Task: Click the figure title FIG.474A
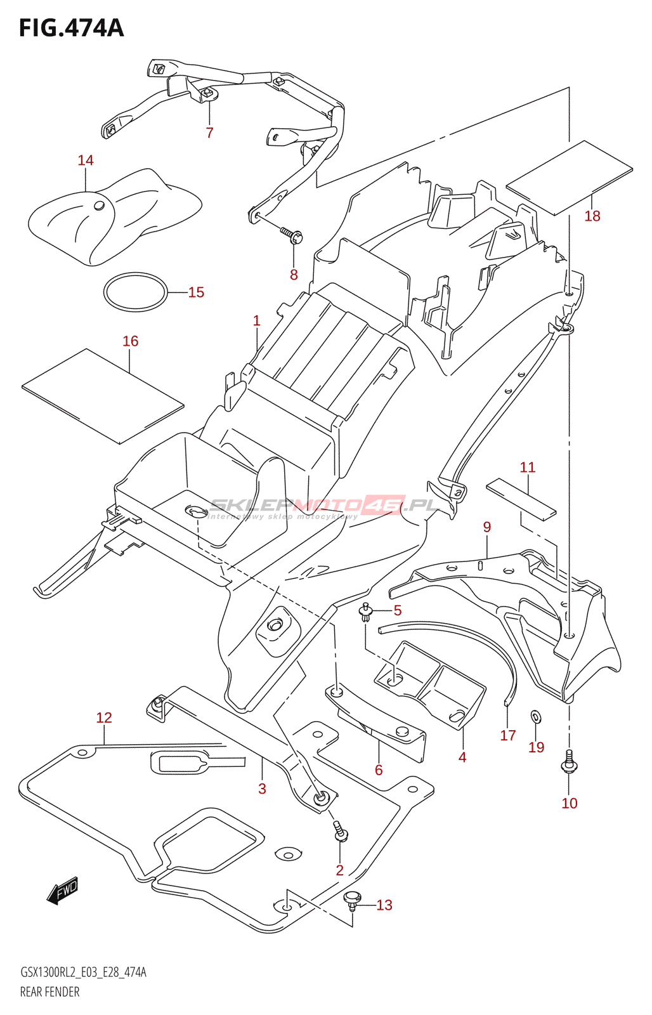pos(71,28)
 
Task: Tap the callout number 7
pos(209,133)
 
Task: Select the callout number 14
pos(86,160)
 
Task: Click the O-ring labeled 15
pos(136,292)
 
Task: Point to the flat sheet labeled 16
pos(103,395)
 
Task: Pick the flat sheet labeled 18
pos(569,178)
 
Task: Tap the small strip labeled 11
pos(521,498)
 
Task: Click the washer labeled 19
pos(536,717)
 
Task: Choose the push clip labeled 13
pos(352,899)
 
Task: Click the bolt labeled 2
pos(341,831)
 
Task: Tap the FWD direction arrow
pos(63,891)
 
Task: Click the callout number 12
pos(104,717)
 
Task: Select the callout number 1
pos(256,320)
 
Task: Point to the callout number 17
pos(508,735)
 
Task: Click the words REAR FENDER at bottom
pos(50,992)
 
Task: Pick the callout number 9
pos(487,527)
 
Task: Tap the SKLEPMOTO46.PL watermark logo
pos(323,506)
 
